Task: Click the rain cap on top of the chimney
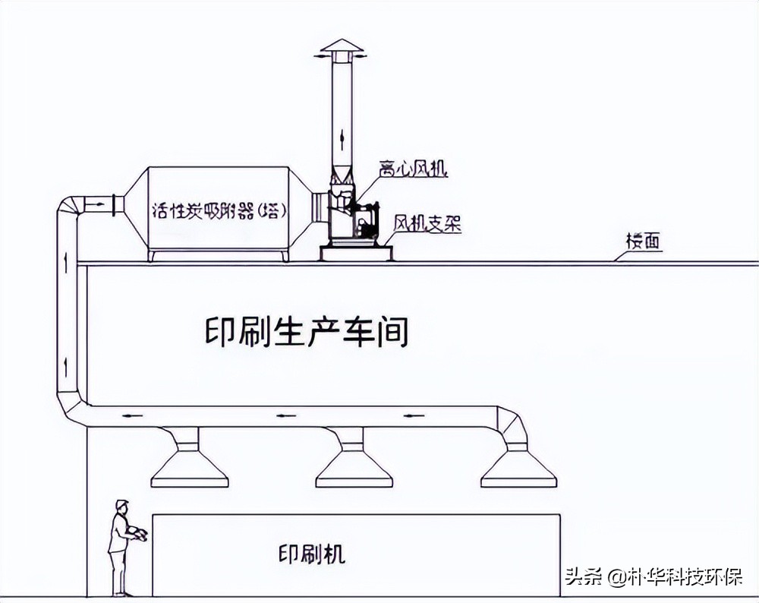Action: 341,47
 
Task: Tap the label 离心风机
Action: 413,169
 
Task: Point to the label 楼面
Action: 644,242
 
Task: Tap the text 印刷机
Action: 311,554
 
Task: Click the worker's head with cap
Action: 121,506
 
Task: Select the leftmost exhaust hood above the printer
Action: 189,464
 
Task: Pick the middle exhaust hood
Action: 354,464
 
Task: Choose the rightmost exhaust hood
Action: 518,464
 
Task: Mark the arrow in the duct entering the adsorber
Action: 96,204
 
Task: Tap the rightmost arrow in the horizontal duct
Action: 413,416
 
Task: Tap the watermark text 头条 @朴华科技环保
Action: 653,577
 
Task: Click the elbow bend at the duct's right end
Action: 511,425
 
